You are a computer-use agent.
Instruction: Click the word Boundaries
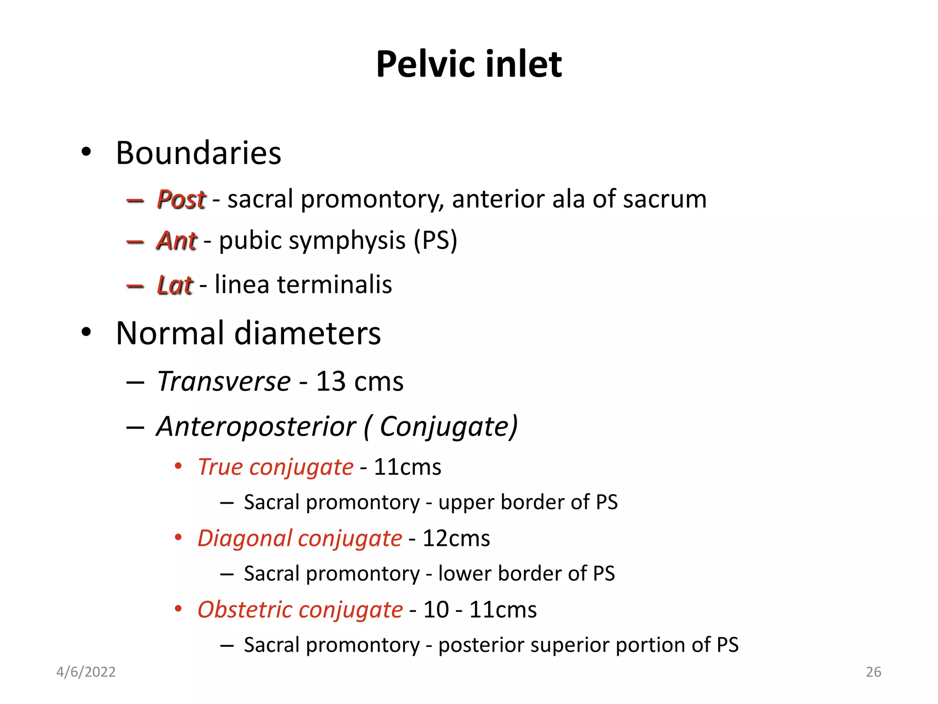(198, 153)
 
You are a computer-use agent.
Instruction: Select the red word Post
(181, 199)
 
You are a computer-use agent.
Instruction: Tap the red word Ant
(177, 241)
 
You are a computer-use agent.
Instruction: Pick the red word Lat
(175, 285)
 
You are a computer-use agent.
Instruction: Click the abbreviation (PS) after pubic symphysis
(435, 241)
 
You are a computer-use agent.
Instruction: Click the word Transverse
(224, 381)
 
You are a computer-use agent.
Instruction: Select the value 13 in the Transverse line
(331, 381)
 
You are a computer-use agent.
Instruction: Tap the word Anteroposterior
(256, 427)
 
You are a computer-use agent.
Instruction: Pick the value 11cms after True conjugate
(407, 467)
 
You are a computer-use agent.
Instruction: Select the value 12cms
(456, 538)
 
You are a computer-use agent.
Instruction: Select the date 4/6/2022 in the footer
(86, 672)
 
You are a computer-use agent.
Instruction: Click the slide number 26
(873, 672)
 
